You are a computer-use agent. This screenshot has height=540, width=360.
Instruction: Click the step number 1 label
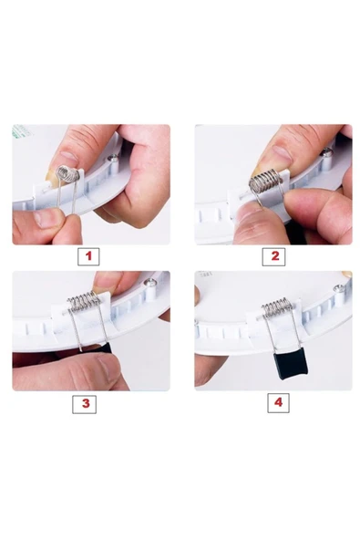tap(88, 256)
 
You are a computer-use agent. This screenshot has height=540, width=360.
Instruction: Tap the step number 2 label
tap(273, 256)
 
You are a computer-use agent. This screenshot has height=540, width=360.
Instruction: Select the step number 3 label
tap(85, 403)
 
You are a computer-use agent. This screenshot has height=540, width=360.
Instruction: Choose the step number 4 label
tap(279, 402)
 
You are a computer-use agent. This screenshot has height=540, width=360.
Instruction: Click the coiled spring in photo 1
tap(67, 174)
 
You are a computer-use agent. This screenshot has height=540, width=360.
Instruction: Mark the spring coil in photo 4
tap(278, 307)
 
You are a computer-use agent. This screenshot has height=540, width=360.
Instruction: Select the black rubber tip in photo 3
tap(103, 348)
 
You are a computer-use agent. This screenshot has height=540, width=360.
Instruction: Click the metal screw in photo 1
tap(112, 159)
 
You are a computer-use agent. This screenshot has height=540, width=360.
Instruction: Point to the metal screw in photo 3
tap(150, 283)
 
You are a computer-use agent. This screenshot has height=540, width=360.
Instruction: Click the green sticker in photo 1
tap(21, 131)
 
